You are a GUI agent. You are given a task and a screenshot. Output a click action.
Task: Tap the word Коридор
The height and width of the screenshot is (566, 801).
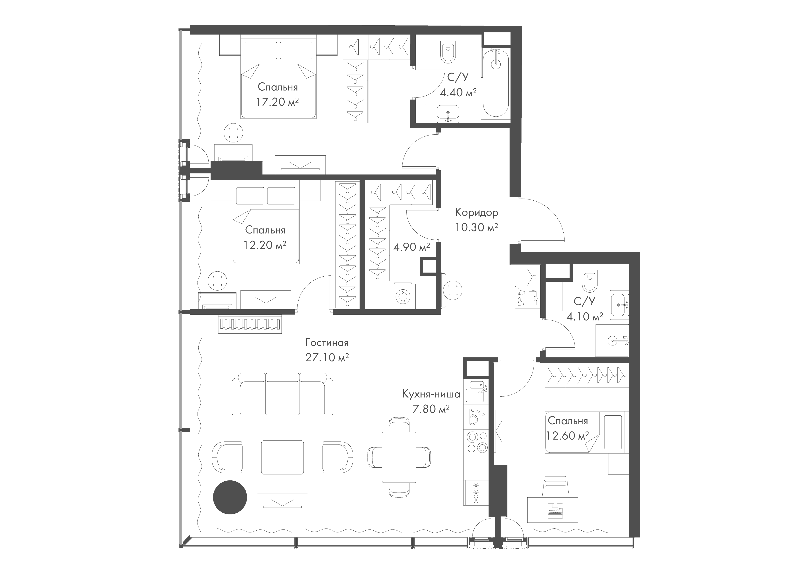tap(477, 212)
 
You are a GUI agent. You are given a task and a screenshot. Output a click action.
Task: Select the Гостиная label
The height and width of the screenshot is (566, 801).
tap(327, 343)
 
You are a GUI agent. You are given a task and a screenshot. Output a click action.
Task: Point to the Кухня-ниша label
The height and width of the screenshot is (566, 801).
tap(431, 394)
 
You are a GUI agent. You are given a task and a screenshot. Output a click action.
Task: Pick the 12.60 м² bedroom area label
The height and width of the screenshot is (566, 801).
tap(568, 436)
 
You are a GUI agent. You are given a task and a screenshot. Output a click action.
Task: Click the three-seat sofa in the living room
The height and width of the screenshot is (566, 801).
tap(283, 394)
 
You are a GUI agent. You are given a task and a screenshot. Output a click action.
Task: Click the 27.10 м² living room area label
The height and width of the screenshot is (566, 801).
tap(327, 358)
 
